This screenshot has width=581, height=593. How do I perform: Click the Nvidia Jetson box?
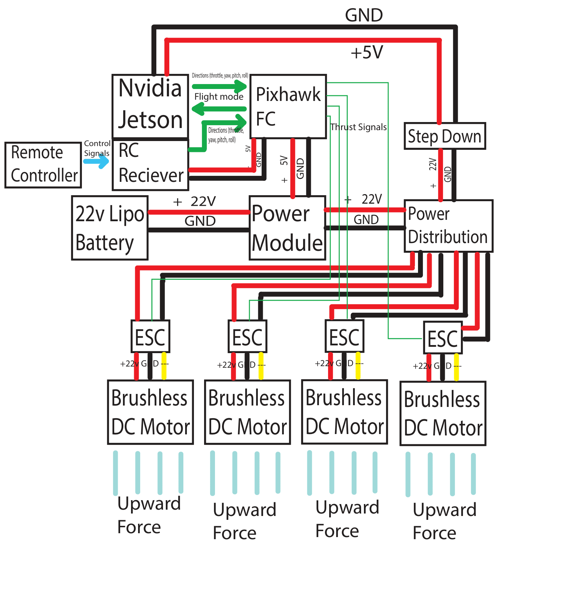click(150, 106)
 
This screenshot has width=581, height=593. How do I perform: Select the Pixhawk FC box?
click(288, 106)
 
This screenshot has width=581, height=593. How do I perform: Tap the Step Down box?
click(444, 136)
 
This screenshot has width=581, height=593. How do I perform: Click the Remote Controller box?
click(43, 165)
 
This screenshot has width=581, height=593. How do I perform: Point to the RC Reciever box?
click(150, 165)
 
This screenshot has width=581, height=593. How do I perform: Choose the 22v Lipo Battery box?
click(110, 228)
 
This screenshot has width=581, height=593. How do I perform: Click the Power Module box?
click(287, 228)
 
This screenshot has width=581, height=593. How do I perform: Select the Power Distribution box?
click(448, 225)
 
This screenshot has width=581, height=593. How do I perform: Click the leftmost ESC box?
click(150, 336)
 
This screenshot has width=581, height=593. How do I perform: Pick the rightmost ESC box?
click(443, 338)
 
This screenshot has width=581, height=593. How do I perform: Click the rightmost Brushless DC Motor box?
click(443, 413)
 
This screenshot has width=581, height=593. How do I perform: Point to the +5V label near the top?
click(367, 52)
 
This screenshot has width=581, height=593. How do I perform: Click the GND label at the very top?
click(364, 15)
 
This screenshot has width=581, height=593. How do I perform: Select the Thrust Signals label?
click(358, 127)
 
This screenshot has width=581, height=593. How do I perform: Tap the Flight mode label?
click(219, 96)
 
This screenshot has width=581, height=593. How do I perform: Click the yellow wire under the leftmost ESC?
click(164, 366)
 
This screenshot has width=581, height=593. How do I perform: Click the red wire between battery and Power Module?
click(198, 212)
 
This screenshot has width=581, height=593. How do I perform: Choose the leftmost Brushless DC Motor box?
click(150, 412)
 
